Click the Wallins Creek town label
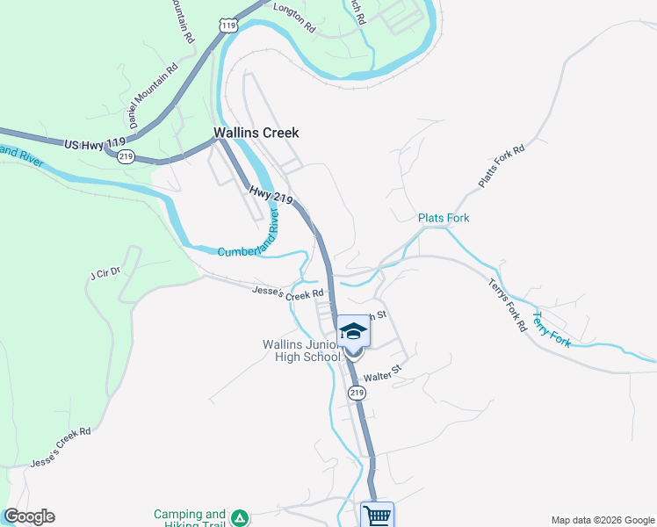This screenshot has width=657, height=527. (x=256, y=134)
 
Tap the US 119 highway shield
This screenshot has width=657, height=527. (x=229, y=26)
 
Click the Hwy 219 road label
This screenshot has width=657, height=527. (x=271, y=196)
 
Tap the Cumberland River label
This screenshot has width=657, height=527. (x=255, y=235)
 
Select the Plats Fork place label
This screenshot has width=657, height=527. (x=444, y=218)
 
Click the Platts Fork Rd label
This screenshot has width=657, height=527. (x=502, y=164)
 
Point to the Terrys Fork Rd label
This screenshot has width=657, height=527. (x=509, y=305)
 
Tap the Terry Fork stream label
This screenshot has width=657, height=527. (x=552, y=329)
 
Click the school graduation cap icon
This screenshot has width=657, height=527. (x=354, y=331)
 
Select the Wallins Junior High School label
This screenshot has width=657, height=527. (x=301, y=351)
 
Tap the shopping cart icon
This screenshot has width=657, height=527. (x=377, y=515)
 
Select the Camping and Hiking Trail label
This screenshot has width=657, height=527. (x=190, y=518)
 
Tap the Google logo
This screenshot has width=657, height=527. (x=29, y=516)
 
